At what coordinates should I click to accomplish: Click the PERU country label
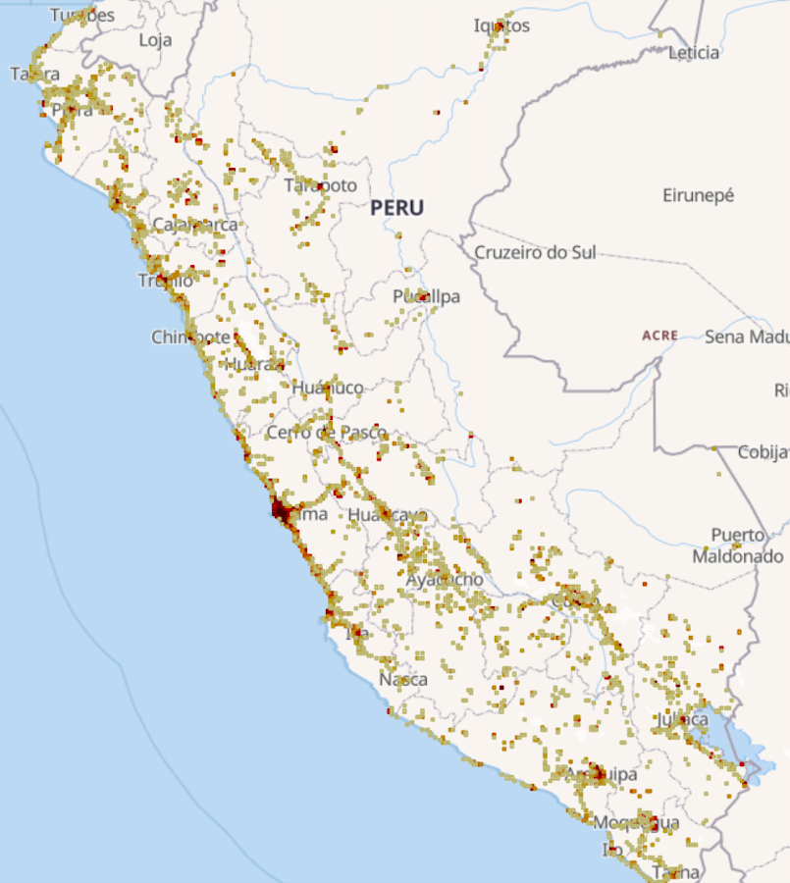397,208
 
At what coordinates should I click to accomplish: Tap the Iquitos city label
501,26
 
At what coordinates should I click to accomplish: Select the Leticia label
694,53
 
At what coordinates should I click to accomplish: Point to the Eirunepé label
698,195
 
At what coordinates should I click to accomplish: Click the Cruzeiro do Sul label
535,252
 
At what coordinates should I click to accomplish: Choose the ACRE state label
659,336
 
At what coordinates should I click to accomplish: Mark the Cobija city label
764,452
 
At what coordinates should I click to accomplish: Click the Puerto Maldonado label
738,545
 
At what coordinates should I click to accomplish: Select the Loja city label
155,40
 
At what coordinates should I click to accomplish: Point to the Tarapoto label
321,185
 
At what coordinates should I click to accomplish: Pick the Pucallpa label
426,296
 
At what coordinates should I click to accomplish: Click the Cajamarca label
195,225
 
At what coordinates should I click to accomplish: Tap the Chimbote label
190,338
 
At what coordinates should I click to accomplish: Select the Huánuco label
327,388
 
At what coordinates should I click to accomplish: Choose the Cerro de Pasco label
327,433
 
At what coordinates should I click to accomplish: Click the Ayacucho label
445,580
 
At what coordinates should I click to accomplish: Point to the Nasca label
403,679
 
